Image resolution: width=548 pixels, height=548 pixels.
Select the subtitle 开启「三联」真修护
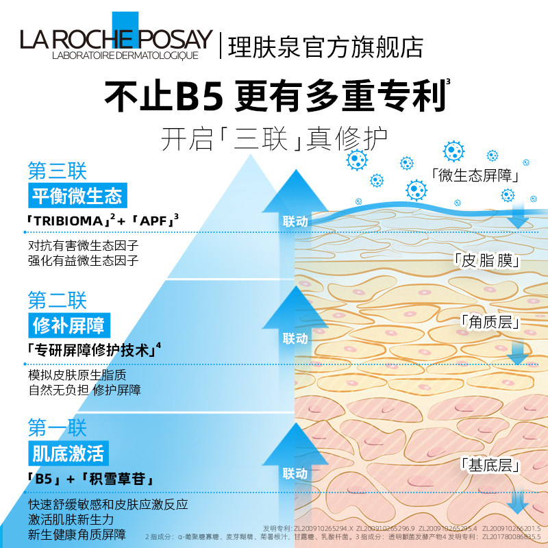coord(274,138)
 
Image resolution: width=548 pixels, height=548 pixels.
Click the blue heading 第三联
coord(58,171)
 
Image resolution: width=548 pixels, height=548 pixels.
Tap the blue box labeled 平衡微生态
coord(77,197)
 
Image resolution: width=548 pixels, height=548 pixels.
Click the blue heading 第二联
coord(58,300)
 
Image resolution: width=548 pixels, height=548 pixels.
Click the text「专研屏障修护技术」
coord(91,350)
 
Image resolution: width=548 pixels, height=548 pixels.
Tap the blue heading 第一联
coord(58,429)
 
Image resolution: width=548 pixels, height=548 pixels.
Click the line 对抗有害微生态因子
coord(83,245)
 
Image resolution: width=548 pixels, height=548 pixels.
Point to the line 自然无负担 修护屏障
coord(84,389)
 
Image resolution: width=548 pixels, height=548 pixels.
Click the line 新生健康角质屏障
coord(77,534)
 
